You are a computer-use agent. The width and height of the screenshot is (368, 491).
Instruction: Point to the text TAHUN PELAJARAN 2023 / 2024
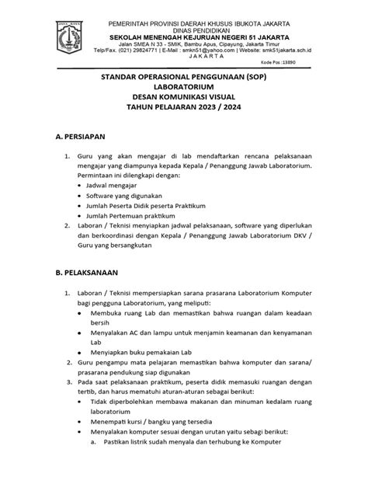tap(184, 111)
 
